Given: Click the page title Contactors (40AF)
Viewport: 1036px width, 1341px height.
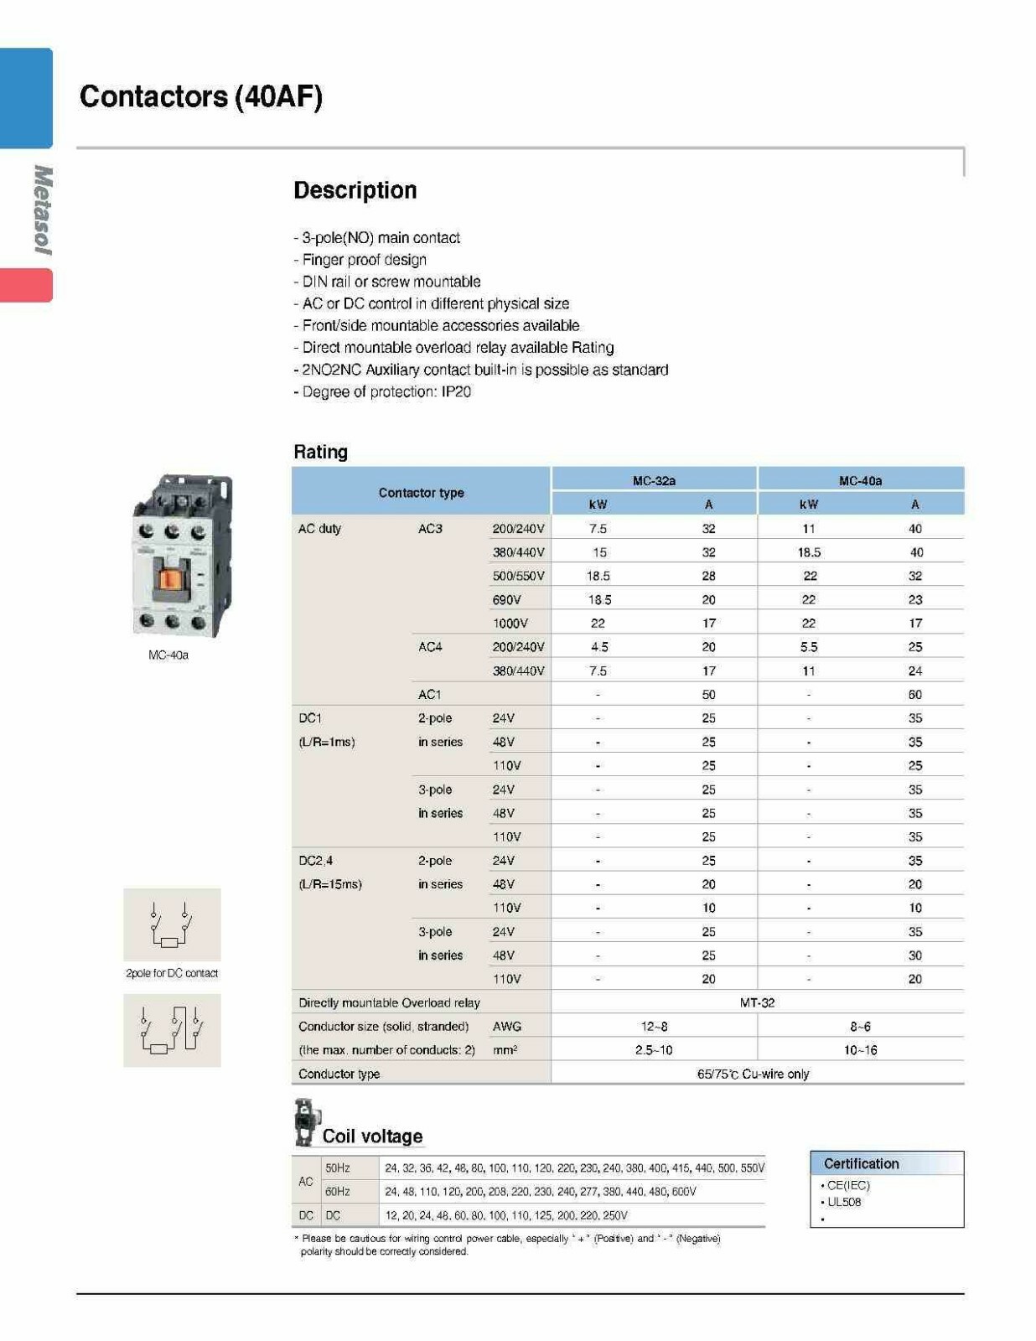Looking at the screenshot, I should (x=200, y=96).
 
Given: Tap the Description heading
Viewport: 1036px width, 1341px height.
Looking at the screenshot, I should (x=355, y=190).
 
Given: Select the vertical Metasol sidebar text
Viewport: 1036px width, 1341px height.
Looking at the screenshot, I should (x=42, y=210).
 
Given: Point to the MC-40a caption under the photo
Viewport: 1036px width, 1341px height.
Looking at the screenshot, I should (x=168, y=655).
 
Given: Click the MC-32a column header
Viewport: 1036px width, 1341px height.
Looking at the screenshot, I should (x=654, y=480).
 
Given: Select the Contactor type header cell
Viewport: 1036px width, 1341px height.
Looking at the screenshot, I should (x=421, y=493).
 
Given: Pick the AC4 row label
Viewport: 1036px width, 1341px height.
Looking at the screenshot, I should (x=430, y=647).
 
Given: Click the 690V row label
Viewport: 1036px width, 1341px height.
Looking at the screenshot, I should (x=507, y=600).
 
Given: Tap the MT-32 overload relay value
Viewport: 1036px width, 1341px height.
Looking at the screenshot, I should (x=757, y=1002).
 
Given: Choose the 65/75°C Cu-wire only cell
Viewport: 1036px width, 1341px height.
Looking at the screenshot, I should (x=753, y=1074).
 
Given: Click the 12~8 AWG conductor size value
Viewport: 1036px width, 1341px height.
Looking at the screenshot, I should (x=654, y=1026).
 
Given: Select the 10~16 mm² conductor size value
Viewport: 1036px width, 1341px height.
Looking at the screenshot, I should (x=860, y=1050).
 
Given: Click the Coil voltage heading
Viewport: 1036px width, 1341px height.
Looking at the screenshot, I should (x=372, y=1136).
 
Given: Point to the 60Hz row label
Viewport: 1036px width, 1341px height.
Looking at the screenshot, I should (x=337, y=1191).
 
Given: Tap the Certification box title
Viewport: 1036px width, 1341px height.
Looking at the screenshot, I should (x=861, y=1163).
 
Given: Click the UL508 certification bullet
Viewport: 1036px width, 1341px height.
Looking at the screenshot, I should (x=843, y=1202).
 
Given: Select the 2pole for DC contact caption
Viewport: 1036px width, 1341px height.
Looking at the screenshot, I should (x=172, y=973).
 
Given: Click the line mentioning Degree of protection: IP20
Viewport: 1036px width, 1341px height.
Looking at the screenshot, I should (x=382, y=391).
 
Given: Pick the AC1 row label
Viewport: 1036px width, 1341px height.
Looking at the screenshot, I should (x=429, y=695).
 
